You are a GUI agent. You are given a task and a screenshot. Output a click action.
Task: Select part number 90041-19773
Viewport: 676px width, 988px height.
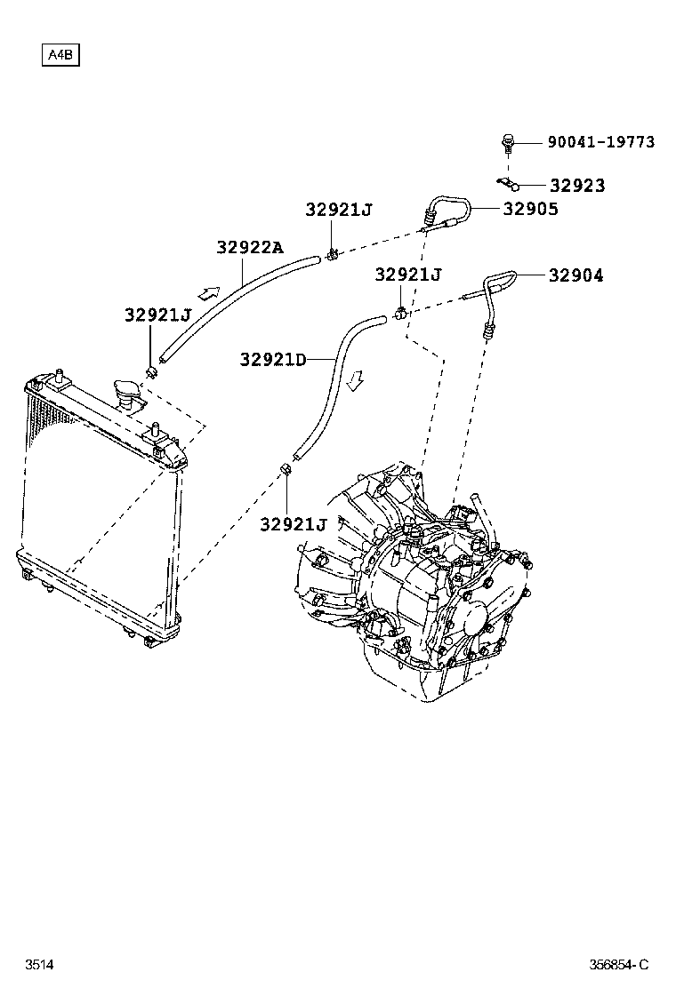(x=600, y=142)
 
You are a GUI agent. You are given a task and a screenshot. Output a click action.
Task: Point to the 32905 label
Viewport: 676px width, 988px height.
(x=530, y=209)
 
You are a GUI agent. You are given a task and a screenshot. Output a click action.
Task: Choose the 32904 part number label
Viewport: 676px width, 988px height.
(x=575, y=275)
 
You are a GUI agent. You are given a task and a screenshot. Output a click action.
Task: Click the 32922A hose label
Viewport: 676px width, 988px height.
(x=249, y=248)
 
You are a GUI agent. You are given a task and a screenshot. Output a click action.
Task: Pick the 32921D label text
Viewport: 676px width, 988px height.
(x=272, y=359)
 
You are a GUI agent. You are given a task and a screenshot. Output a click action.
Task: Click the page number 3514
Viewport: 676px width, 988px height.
(x=38, y=965)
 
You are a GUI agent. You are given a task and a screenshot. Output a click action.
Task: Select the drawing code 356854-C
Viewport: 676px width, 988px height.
(x=619, y=965)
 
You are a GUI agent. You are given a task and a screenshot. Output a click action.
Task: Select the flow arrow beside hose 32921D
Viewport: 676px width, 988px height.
(x=355, y=380)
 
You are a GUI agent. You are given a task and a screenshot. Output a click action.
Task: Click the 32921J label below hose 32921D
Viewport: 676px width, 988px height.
(x=294, y=524)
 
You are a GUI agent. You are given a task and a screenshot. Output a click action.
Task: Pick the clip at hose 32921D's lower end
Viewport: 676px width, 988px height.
(x=286, y=467)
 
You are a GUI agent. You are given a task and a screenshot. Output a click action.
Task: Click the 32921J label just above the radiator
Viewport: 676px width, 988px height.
(x=158, y=315)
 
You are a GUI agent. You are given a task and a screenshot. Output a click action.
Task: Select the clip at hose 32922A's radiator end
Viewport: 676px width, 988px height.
(x=152, y=369)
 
